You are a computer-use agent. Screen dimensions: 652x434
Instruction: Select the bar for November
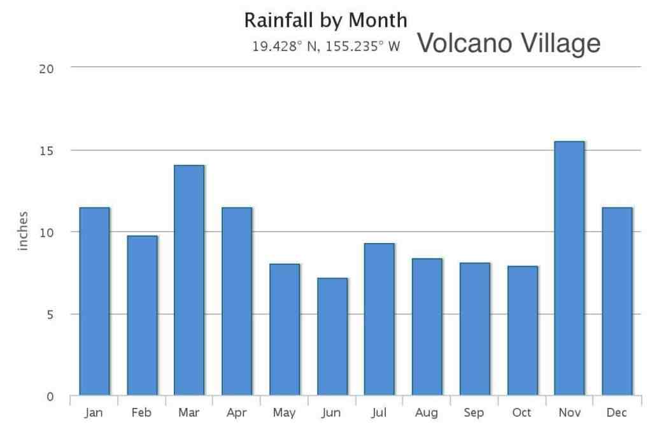coord(569,268)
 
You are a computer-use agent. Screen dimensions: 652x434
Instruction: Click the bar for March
coord(189,280)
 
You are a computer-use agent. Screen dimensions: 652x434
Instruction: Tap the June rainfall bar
coord(332,336)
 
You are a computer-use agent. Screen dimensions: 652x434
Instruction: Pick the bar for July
coord(379,319)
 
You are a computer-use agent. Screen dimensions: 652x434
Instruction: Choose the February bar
coord(142,316)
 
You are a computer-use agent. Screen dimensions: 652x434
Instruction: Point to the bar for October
coord(523,330)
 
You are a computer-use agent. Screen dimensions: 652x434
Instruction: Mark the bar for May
coord(285,329)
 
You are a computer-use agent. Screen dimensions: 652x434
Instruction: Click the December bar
coord(617,302)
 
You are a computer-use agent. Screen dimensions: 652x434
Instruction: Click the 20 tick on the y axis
coord(46,69)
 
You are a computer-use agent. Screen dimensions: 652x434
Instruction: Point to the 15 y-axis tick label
coord(46,151)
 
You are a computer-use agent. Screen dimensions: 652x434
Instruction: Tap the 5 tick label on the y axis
coord(50,315)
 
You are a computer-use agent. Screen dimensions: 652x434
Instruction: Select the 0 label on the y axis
coord(50,396)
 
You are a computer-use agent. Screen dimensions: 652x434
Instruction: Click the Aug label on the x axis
coord(426,413)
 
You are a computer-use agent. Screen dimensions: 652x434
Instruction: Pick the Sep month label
coord(474,412)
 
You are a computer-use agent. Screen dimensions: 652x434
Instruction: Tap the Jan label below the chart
coord(94,412)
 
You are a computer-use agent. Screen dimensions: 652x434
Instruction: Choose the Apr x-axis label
coord(237,413)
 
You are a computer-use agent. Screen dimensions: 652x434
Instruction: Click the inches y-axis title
coord(23,231)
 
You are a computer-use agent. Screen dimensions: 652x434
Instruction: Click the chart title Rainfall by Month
coord(325,20)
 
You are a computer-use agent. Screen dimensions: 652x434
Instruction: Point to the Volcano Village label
coord(509,43)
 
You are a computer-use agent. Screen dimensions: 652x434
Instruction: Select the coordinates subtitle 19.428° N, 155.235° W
coord(327,46)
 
